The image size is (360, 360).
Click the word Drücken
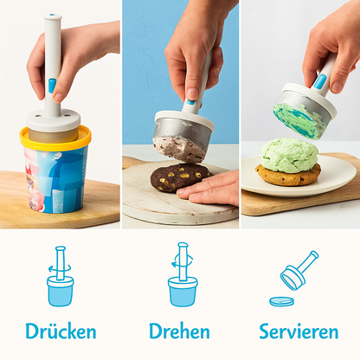click(61, 331)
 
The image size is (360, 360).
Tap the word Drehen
click(179, 331)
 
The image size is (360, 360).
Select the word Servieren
click(299, 331)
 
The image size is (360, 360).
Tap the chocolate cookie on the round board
click(178, 177)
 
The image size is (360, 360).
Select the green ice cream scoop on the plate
click(289, 155)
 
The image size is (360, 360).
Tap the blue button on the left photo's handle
click(52, 86)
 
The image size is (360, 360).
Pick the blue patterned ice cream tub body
click(57, 177)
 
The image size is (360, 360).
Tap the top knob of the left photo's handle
click(53, 17)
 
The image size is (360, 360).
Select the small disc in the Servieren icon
click(281, 301)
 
